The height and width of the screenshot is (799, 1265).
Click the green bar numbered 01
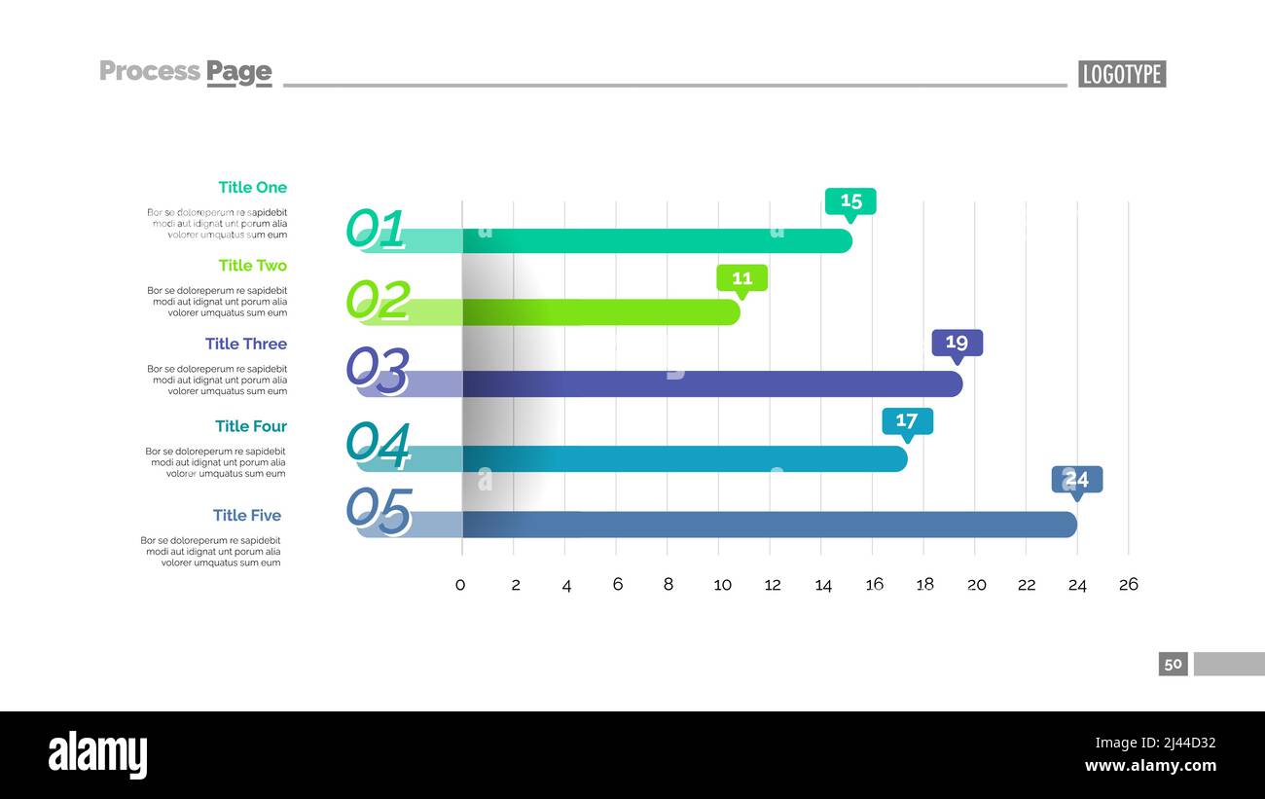point(652,240)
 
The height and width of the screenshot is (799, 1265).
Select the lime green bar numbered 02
point(598,311)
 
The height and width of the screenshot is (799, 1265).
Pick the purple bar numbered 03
point(710,383)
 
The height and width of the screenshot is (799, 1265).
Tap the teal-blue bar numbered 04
point(681,458)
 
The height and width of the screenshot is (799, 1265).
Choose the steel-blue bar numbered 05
point(769,525)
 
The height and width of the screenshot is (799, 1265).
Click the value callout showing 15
point(850,200)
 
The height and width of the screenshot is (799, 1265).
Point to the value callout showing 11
point(741,278)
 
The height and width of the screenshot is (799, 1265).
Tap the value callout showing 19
point(957,343)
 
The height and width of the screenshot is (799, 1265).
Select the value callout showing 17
point(907,421)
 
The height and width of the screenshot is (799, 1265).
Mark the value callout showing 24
point(1076,480)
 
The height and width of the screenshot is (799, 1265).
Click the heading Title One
point(252,187)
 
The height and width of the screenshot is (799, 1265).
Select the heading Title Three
point(245,344)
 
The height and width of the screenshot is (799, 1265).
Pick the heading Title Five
point(247,515)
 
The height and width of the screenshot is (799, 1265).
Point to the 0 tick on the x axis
point(461,585)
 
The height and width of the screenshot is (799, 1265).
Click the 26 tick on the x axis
point(1128,585)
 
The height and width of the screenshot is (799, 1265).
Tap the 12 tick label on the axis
point(773,585)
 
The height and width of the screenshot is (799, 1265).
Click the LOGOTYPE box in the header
point(1121,74)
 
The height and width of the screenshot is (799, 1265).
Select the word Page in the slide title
point(238,71)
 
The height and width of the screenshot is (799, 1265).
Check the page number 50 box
point(1173,664)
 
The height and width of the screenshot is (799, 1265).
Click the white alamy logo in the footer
point(97,755)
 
